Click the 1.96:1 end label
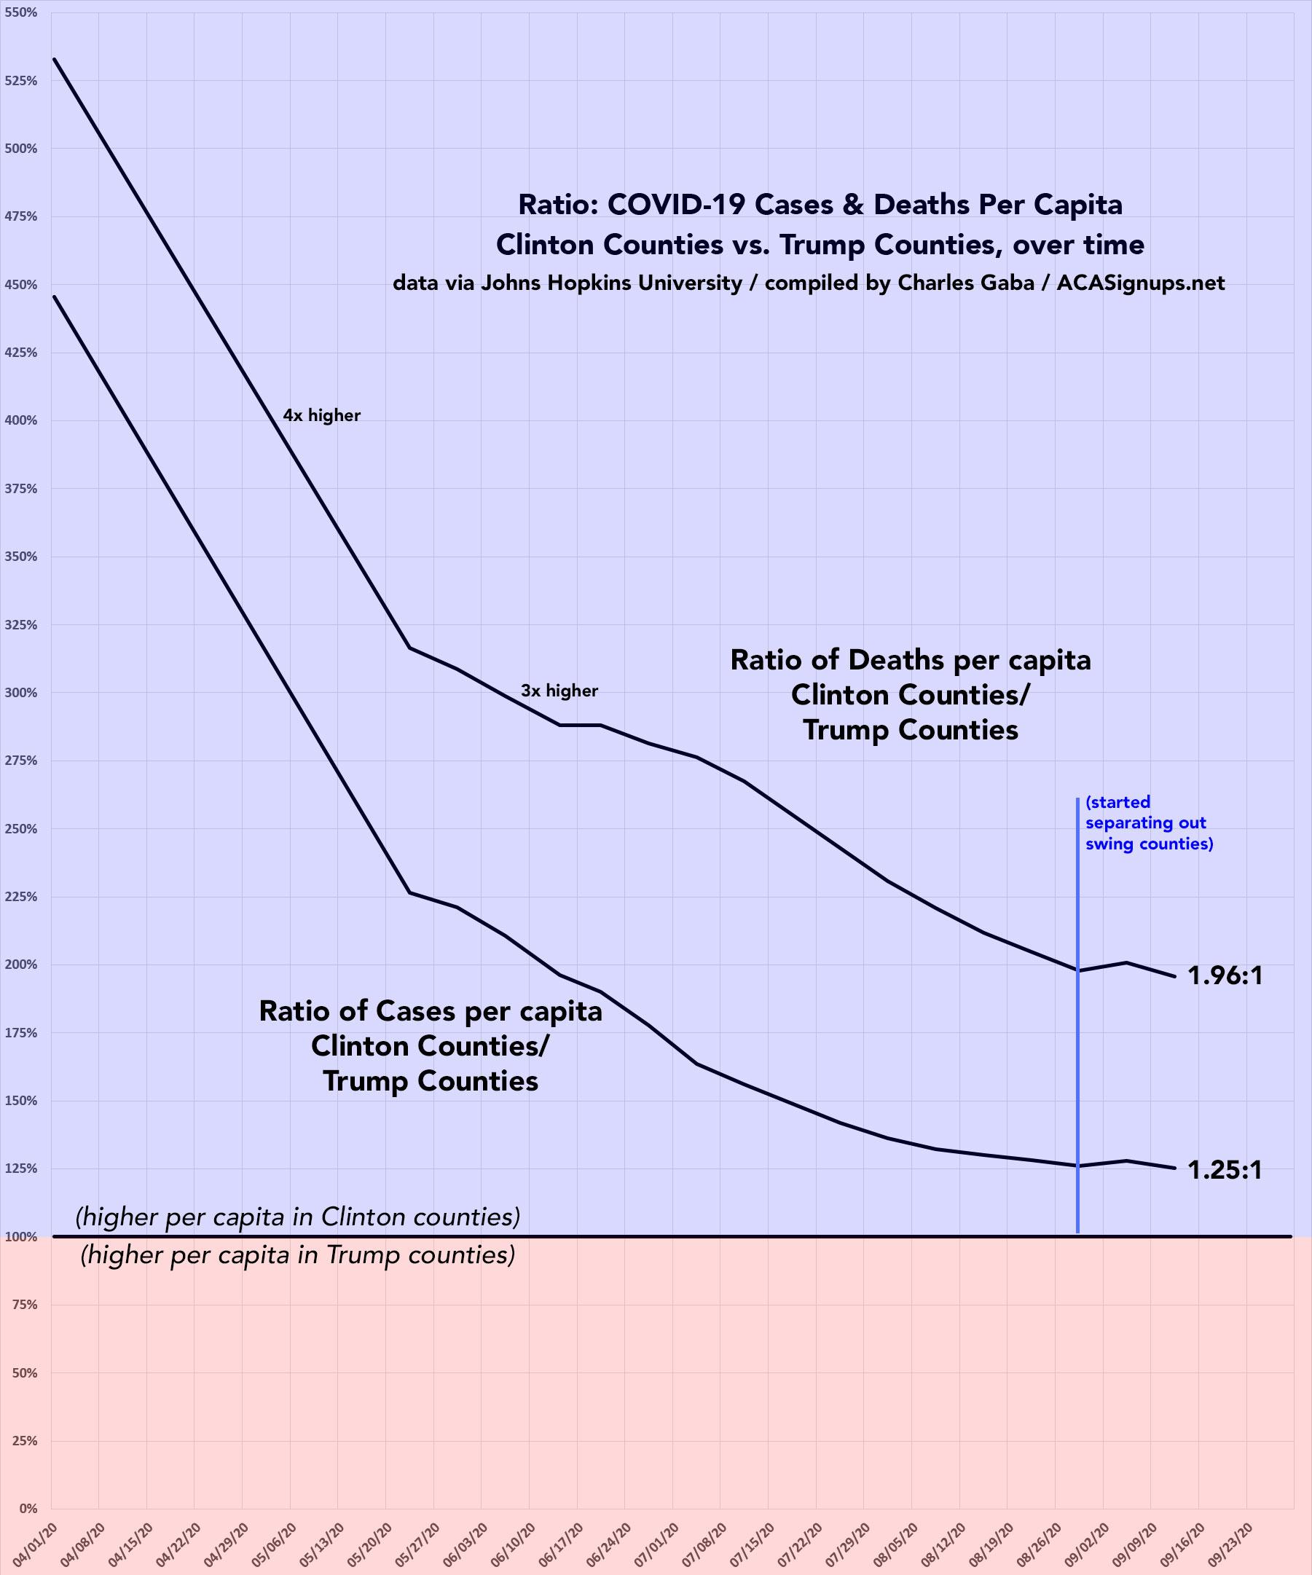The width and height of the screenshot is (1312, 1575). [1225, 975]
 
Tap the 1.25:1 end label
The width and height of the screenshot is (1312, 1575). [1225, 1170]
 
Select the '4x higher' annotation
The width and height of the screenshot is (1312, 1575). [321, 415]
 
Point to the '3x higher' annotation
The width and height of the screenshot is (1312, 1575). [559, 691]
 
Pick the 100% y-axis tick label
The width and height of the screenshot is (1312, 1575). [25, 1237]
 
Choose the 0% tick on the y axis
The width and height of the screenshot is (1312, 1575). [28, 1508]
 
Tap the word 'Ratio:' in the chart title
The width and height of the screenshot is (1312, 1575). [558, 205]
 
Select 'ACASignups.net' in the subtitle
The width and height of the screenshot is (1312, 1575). [1140, 283]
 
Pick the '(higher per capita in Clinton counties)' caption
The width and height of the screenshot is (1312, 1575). [298, 1217]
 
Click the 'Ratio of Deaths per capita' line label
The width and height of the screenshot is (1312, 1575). [910, 660]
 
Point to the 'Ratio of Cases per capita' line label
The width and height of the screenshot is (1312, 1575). [430, 1011]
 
